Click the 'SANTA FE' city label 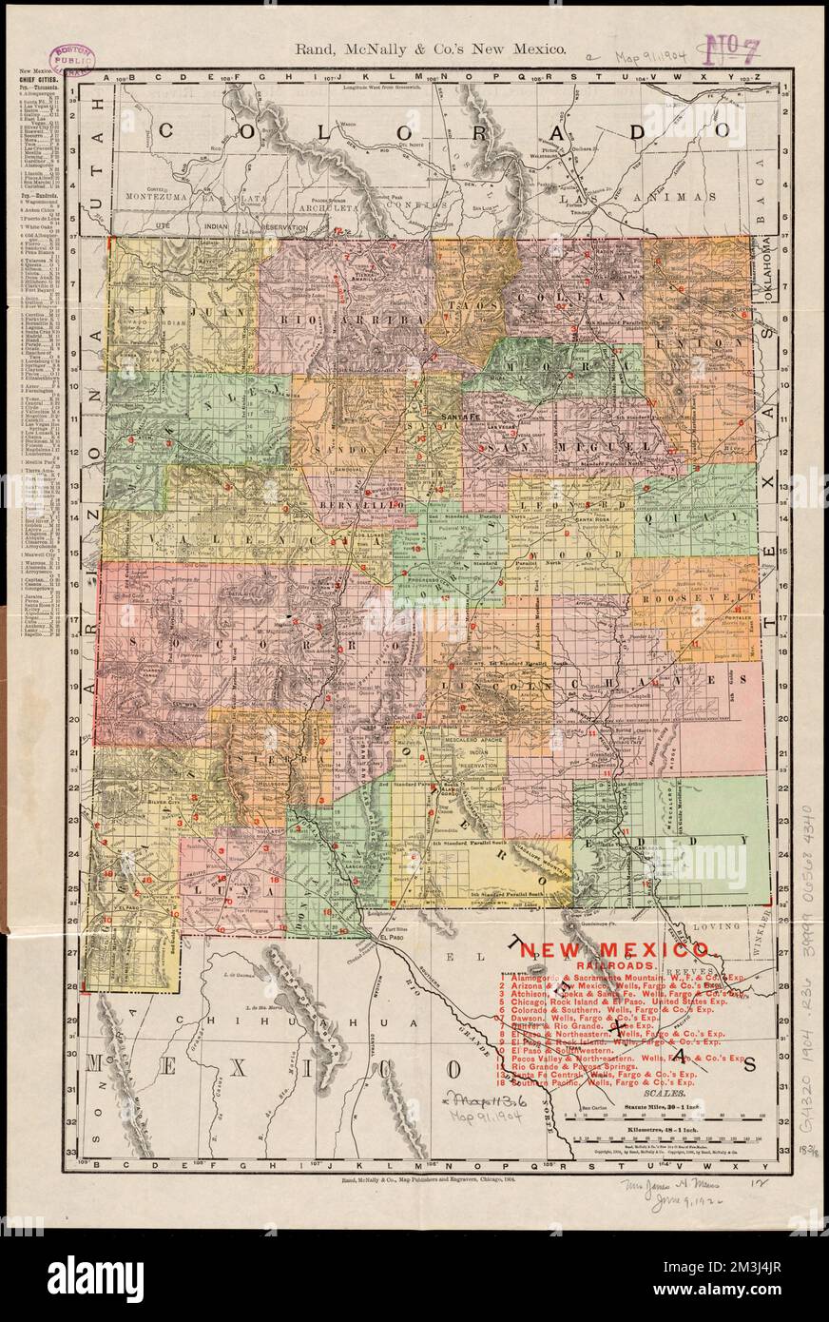pos(459,417)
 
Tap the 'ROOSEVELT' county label pos(697,600)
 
